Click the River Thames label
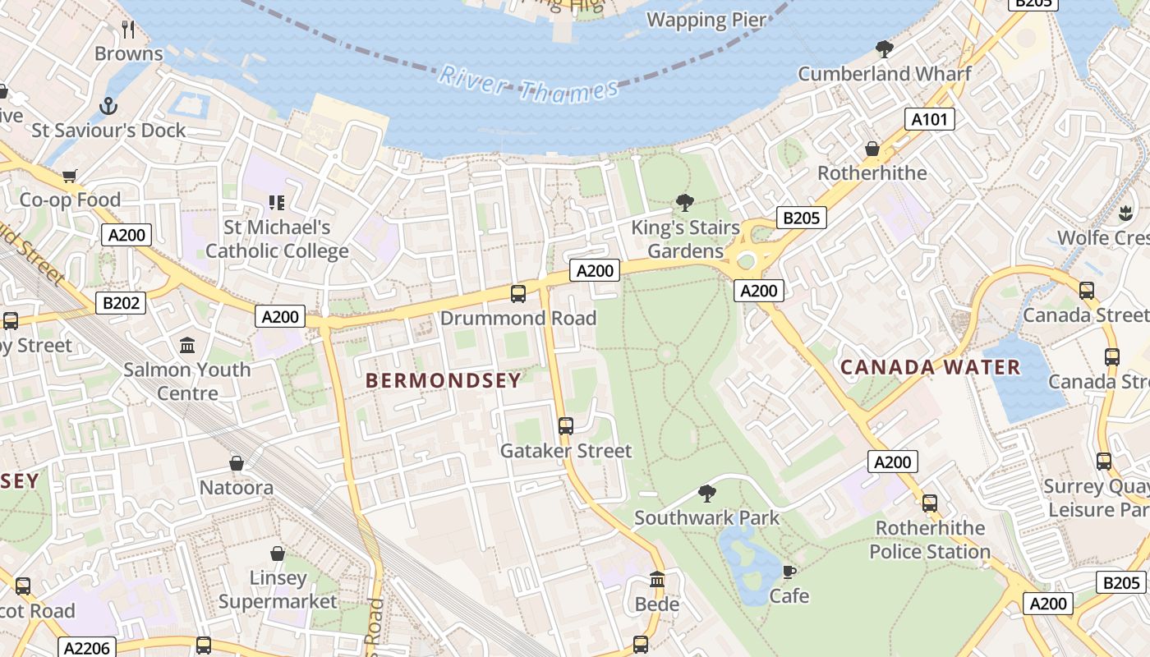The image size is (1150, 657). [528, 85]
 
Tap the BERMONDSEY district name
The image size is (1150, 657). [444, 380]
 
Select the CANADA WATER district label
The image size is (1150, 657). [930, 367]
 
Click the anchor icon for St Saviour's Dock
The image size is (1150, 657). [108, 106]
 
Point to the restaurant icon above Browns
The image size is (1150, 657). [128, 30]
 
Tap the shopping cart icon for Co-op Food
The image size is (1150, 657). [70, 176]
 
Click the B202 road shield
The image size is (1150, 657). [121, 303]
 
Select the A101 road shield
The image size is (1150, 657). [930, 119]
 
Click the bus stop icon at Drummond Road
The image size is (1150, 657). [518, 293]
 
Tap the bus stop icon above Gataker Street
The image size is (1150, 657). [566, 425]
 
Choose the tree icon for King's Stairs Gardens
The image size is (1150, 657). [684, 202]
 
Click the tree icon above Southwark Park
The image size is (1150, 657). [706, 493]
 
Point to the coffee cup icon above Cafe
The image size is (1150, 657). [789, 572]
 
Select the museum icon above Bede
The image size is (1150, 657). [657, 580]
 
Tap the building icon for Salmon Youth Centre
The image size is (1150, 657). [187, 345]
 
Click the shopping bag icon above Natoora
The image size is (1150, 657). [237, 463]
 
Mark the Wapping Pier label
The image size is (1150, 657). [706, 20]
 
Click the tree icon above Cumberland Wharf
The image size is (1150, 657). [885, 49]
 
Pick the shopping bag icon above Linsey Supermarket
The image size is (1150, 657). [278, 554]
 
